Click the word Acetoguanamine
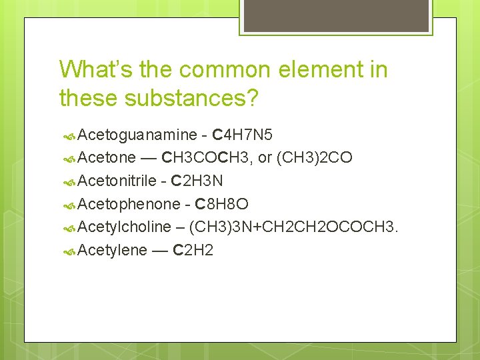(x=137, y=135)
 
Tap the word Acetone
(x=107, y=158)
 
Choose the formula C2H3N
(x=197, y=181)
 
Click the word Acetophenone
(x=129, y=204)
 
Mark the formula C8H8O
(x=221, y=204)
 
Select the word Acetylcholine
(x=124, y=227)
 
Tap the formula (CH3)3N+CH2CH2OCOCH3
(x=294, y=227)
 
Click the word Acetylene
(x=112, y=250)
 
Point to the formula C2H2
(x=193, y=250)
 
